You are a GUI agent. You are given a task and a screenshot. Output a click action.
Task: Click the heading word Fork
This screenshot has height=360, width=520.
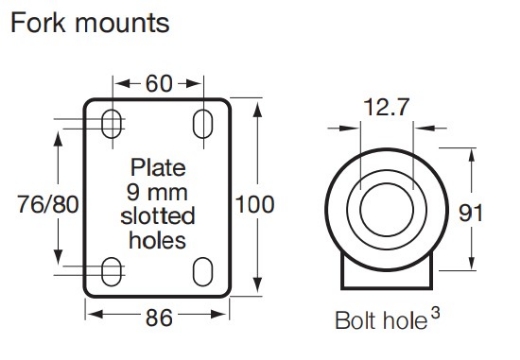click(x=38, y=21)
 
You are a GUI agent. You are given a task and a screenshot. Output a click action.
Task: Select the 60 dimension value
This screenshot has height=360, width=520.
click(x=158, y=82)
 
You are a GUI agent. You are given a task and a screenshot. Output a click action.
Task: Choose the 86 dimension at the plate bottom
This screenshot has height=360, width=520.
click(x=158, y=317)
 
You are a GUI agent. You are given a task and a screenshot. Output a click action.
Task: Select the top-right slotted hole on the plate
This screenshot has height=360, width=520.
click(x=204, y=123)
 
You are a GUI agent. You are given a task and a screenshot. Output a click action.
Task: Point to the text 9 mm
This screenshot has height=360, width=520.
click(x=158, y=189)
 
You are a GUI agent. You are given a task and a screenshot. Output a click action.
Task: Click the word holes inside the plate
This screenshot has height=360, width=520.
click(x=158, y=240)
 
